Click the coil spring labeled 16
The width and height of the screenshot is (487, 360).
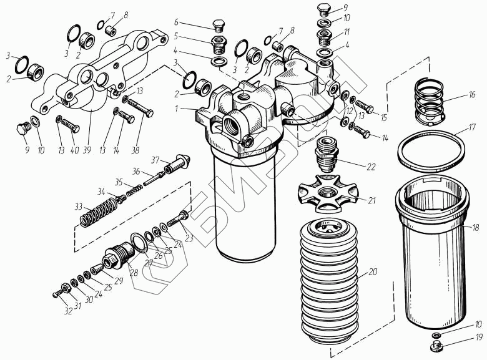point(428,98)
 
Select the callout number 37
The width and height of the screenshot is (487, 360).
point(155,160)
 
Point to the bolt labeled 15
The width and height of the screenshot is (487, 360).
point(366,109)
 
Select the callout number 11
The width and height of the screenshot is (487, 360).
point(347,31)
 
